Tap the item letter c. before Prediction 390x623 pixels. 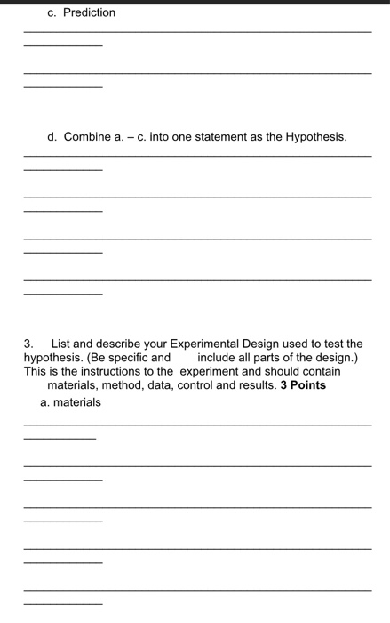click(52, 12)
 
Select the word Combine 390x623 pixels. click(88, 136)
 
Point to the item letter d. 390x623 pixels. click(52, 136)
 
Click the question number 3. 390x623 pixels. click(28, 343)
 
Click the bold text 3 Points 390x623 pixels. click(303, 385)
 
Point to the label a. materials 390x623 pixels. click(71, 402)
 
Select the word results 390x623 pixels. click(260, 385)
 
